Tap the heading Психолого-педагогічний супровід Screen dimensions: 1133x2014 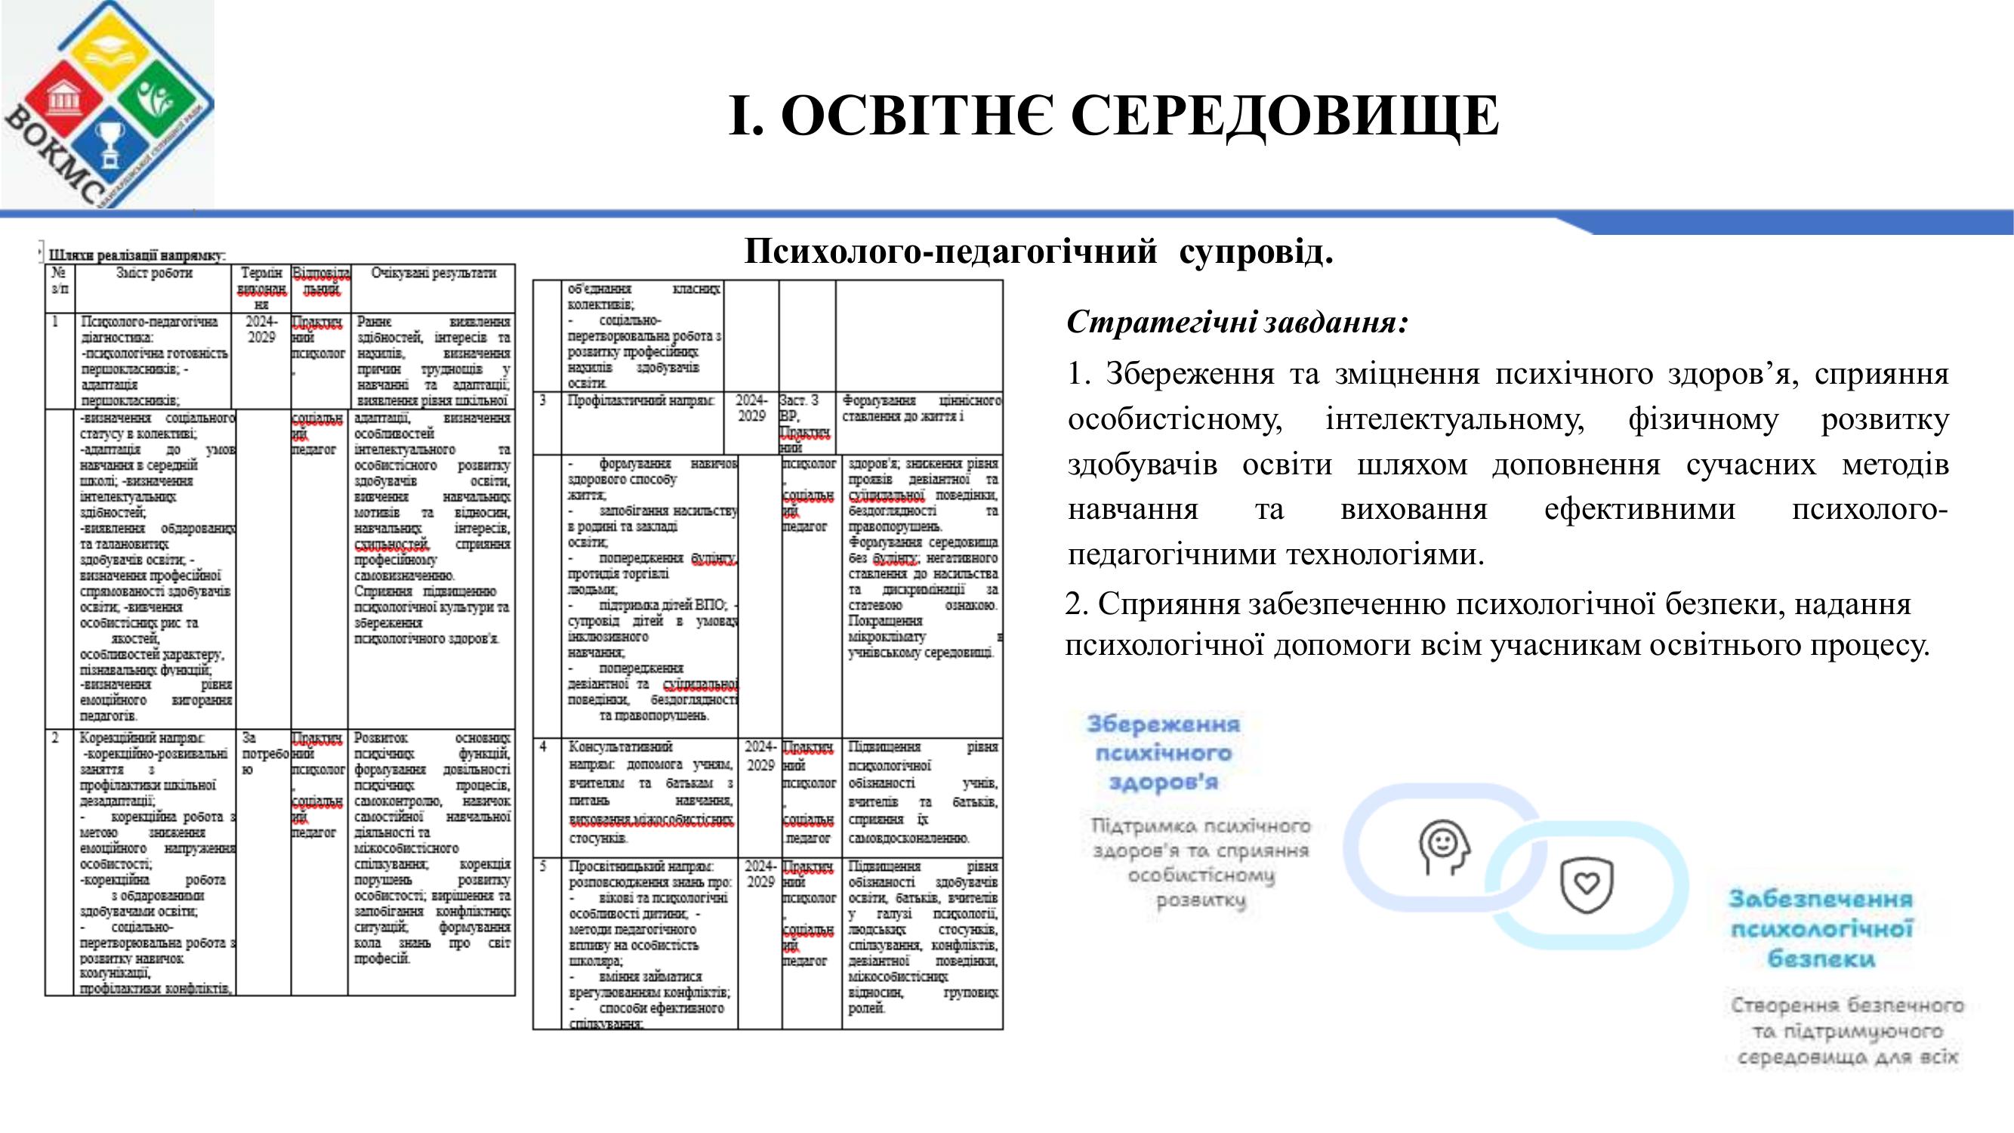[x=1038, y=252]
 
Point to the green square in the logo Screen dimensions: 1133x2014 [x=163, y=100]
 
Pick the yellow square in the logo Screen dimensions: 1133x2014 [x=109, y=47]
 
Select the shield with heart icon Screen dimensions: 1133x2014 [x=1586, y=884]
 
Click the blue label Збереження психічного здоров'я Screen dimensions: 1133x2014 [x=1164, y=752]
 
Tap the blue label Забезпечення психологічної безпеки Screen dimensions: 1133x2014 [x=1821, y=928]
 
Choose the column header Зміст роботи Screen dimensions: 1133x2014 [x=154, y=273]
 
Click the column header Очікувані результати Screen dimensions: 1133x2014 [x=433, y=273]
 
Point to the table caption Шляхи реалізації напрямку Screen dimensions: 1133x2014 [x=137, y=255]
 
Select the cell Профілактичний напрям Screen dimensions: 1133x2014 [x=641, y=401]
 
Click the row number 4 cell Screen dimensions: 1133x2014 [x=544, y=747]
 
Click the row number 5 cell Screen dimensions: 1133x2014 [x=544, y=866]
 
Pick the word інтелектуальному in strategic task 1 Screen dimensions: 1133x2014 [x=1455, y=420]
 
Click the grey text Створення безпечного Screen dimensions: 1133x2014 [x=1846, y=1005]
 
